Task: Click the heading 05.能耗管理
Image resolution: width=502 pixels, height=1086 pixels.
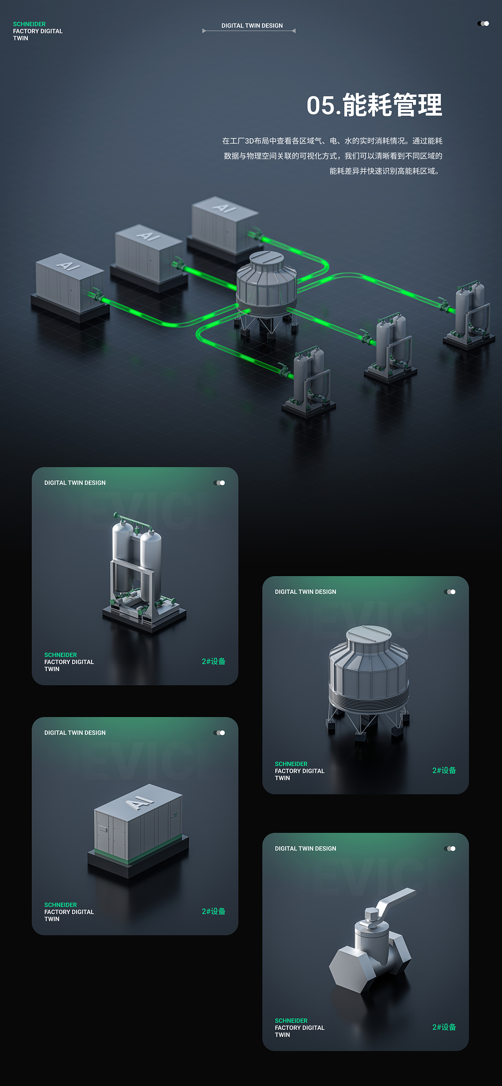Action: pyautogui.click(x=374, y=105)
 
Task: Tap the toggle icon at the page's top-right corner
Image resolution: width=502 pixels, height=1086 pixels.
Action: pyautogui.click(x=483, y=24)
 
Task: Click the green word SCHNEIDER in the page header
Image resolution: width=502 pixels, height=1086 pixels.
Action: pyautogui.click(x=29, y=24)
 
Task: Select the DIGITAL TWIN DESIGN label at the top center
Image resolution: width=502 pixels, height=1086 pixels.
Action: pyautogui.click(x=252, y=26)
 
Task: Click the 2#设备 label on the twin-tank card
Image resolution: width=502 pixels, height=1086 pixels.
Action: pyautogui.click(x=213, y=661)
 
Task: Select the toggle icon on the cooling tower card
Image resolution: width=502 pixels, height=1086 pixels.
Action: pyautogui.click(x=449, y=592)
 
